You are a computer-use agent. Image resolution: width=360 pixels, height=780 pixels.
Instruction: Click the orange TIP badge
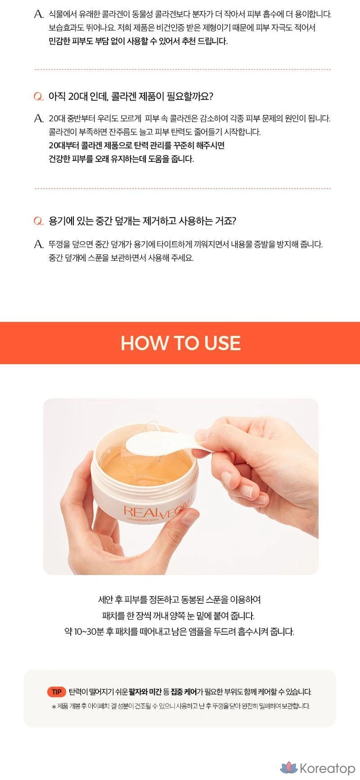coord(56,691)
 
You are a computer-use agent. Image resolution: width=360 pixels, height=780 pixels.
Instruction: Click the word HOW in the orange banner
coord(144,343)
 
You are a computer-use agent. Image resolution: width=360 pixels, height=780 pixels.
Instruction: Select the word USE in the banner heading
coord(222,343)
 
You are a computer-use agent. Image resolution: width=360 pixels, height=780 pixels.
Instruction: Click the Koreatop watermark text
coord(327,768)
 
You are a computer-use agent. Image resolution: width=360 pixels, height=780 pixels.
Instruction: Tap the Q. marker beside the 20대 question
coord(38,96)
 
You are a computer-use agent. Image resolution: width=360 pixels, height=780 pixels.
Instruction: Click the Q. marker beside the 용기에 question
coord(38,221)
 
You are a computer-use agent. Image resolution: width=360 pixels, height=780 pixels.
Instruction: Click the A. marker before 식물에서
coord(39,14)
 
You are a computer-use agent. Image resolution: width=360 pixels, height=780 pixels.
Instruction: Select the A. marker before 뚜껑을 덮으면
coord(39,244)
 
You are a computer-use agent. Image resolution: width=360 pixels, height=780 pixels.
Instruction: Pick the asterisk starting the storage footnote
coord(54,707)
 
